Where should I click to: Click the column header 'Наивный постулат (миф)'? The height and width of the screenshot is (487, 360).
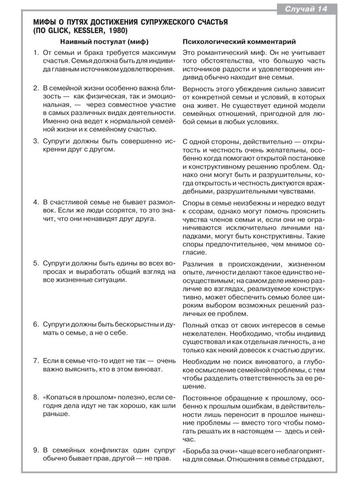point(104,41)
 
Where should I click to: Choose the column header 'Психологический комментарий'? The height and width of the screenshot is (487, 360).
point(239,41)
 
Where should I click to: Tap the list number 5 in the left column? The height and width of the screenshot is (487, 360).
point(36,263)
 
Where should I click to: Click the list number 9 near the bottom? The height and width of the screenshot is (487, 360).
point(36,450)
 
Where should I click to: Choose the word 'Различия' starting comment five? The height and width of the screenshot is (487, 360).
point(198,264)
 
